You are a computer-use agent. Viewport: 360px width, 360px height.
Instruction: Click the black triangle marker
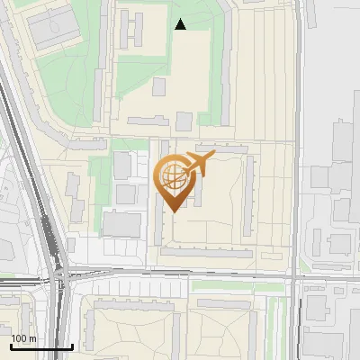click(181, 24)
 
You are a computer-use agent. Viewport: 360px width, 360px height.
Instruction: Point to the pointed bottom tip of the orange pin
click(173, 211)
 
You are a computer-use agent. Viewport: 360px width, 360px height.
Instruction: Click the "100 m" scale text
click(23, 338)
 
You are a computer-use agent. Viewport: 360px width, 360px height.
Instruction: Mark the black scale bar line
click(41, 346)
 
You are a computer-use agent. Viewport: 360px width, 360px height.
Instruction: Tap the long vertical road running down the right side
click(298, 135)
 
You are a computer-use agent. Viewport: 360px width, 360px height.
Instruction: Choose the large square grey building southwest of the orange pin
click(121, 223)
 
